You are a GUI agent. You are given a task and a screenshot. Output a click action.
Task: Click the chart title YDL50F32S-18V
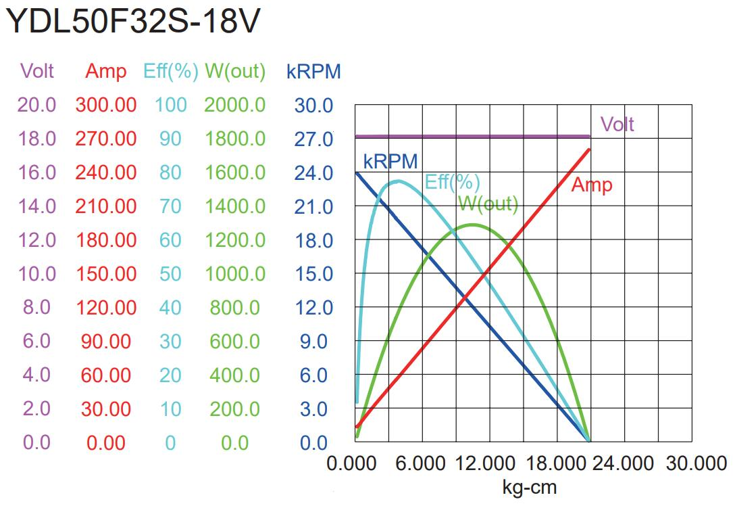[132, 22]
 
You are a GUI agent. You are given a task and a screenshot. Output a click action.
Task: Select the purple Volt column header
[37, 71]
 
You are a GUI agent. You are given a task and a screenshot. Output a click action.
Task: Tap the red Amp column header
[105, 72]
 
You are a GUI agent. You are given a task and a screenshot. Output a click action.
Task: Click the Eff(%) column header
[170, 72]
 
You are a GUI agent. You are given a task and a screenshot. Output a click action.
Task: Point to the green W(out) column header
[235, 72]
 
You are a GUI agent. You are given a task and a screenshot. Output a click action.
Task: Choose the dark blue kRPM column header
[313, 72]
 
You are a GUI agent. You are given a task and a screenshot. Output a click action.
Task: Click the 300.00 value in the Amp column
[106, 106]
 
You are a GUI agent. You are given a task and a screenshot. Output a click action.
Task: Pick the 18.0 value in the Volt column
[37, 139]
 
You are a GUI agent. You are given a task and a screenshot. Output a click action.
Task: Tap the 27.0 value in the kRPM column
[313, 139]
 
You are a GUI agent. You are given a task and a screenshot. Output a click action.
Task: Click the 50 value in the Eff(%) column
[170, 274]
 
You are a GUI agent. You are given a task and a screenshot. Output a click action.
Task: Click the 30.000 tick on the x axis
[696, 464]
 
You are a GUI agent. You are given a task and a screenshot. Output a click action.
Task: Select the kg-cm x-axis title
[530, 487]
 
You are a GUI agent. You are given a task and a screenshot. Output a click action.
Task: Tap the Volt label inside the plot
[617, 124]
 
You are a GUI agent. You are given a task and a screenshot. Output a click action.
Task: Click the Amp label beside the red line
[592, 185]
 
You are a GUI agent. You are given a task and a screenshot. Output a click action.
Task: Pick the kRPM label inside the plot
[390, 161]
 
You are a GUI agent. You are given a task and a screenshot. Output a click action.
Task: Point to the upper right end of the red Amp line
[590, 149]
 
